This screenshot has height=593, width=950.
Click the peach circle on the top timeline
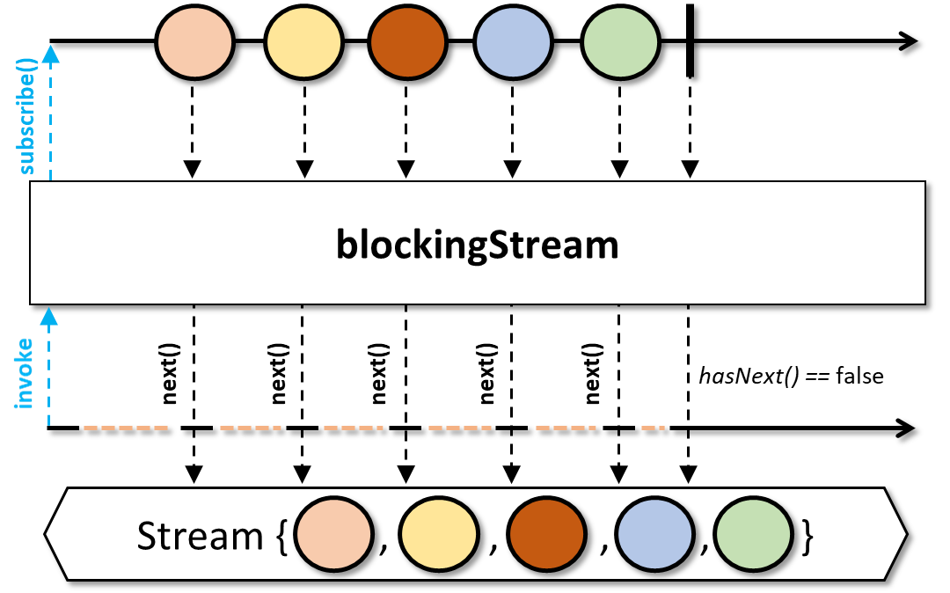pos(194,41)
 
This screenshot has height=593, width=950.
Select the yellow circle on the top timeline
pos(303,41)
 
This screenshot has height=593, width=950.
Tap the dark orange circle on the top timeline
pos(407,41)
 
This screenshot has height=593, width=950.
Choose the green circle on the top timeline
pos(621,41)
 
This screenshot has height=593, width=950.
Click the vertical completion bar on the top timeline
pos(691,41)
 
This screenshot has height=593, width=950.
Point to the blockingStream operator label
pos(478,245)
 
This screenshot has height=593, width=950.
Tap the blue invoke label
pos(27,373)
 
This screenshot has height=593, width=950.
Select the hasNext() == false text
pos(790,376)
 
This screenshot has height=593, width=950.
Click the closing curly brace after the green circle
pos(807,536)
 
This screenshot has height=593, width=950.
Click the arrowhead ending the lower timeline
pos(906,428)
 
